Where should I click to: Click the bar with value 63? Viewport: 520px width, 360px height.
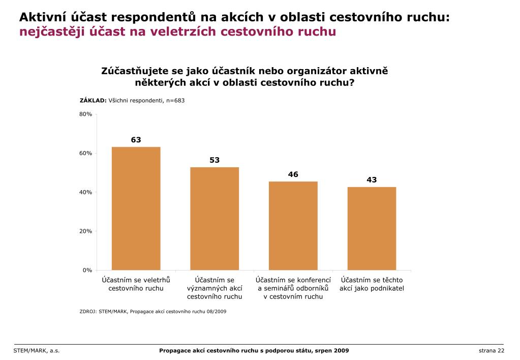point(136,208)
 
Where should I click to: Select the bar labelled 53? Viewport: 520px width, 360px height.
point(215,218)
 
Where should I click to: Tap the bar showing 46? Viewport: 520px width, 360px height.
point(293,225)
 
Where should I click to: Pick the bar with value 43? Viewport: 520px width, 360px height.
point(372,228)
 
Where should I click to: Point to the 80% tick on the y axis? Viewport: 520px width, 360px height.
point(85,114)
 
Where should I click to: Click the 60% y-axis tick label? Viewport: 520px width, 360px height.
point(85,153)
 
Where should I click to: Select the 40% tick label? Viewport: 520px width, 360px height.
point(85,192)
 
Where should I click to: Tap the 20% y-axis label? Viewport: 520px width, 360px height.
point(85,231)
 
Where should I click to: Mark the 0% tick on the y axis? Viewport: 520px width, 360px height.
point(87,270)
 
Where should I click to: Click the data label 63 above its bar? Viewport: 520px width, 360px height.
point(136,139)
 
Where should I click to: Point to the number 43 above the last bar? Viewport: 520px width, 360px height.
point(372,179)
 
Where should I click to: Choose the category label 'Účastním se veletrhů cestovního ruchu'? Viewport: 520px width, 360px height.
point(136,284)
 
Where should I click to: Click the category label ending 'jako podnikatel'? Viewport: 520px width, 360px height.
point(372,284)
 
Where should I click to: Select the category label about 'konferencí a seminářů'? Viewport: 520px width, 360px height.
point(293,288)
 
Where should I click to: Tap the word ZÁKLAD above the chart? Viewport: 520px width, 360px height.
point(93,100)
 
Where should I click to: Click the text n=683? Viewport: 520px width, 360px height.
point(174,100)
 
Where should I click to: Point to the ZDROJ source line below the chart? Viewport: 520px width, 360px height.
point(152,311)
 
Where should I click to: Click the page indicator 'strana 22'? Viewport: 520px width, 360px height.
point(491,351)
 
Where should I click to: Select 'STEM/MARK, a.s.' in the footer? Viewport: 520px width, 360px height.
point(37,351)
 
